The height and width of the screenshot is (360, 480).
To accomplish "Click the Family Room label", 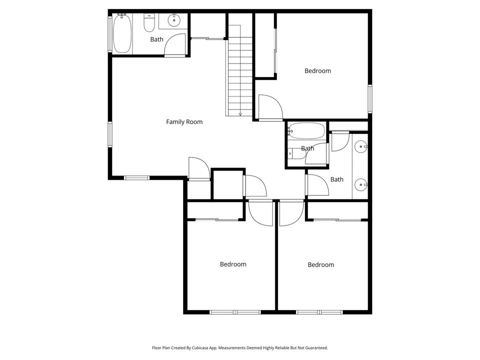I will [x=184, y=121].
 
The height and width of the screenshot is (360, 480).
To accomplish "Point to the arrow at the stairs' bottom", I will [x=240, y=113].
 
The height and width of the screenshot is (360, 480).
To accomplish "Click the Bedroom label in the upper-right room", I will [x=317, y=70].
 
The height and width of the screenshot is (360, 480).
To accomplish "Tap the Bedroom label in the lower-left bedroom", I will [x=233, y=264].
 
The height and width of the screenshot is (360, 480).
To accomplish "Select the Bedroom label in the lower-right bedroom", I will [x=320, y=264].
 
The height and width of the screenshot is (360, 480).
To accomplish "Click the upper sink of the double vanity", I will [x=361, y=147].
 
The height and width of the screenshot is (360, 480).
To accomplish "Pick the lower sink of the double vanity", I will [x=361, y=185].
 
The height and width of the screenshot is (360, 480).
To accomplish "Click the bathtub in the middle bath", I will [x=305, y=131].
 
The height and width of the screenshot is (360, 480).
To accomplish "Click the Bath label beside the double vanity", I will [x=336, y=179].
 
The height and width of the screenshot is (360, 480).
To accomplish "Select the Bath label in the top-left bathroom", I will [x=156, y=39].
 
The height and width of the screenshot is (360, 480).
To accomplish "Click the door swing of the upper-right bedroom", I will [x=270, y=107].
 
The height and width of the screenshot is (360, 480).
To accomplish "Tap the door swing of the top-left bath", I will [x=175, y=45].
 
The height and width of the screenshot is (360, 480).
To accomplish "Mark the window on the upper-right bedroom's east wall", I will [x=370, y=98].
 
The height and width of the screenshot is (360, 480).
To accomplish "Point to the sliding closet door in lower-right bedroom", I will [x=337, y=219].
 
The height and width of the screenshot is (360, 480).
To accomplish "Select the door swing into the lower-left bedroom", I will [x=260, y=212].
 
